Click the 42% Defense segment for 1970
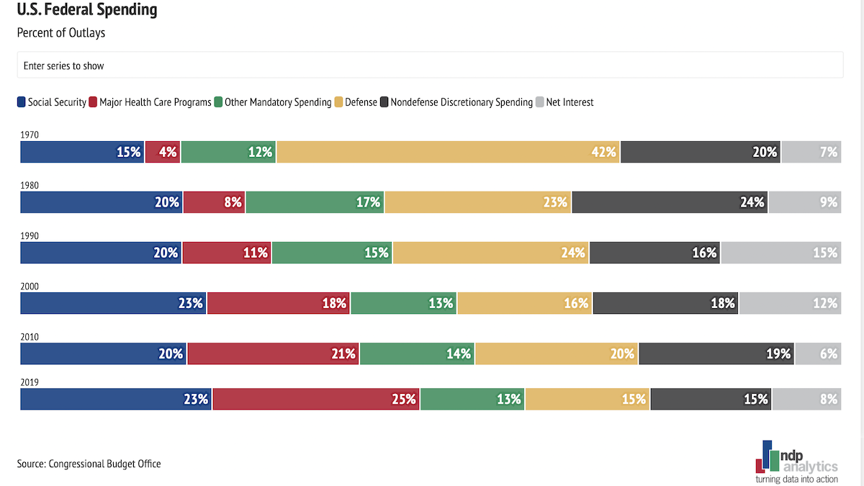click(448, 152)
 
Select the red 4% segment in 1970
click(163, 152)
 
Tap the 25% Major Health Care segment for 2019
click(316, 398)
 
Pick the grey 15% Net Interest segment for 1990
click(781, 253)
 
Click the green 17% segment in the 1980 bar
click(315, 202)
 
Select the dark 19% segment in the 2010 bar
click(716, 354)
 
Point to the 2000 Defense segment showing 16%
click(525, 303)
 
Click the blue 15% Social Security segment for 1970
click(82, 152)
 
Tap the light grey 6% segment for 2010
click(819, 354)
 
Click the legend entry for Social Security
click(52, 102)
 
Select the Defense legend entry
click(356, 102)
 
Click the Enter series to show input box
click(430, 66)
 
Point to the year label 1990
click(30, 235)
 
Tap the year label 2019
click(30, 382)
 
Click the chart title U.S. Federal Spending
click(87, 10)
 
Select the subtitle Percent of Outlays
click(61, 33)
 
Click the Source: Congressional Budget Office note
click(89, 464)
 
